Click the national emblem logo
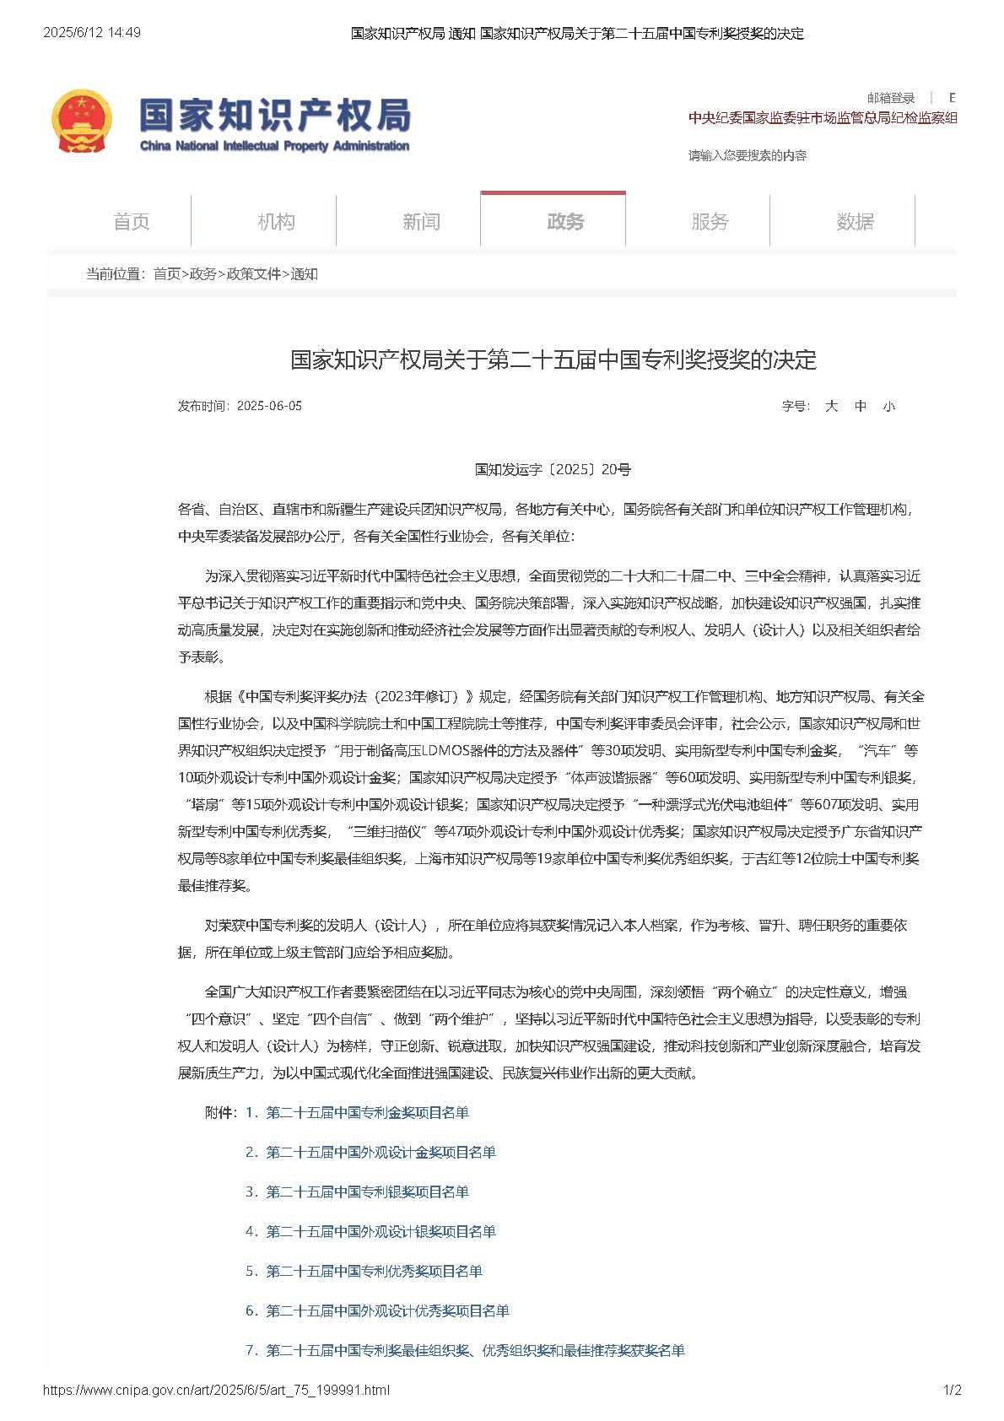coord(82,122)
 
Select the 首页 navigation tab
coord(131,222)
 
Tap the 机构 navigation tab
coord(276,222)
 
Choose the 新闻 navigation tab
coord(421,222)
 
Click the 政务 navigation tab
coord(565,222)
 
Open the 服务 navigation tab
coord(710,222)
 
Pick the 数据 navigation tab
coord(855,222)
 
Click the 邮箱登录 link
coord(891,98)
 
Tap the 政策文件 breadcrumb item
coord(254,274)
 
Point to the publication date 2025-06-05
coord(269,406)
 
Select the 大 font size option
coord(831,406)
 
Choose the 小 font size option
coord(888,406)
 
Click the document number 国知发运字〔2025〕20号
coord(553,469)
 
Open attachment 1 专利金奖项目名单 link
coord(367,1113)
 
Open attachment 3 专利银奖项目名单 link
coord(367,1192)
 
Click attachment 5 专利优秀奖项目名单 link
coord(374,1272)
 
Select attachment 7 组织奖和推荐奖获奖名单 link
coord(475,1351)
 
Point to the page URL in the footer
coord(216,1391)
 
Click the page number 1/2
coord(952,1391)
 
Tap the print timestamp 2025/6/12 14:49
coord(92,33)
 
